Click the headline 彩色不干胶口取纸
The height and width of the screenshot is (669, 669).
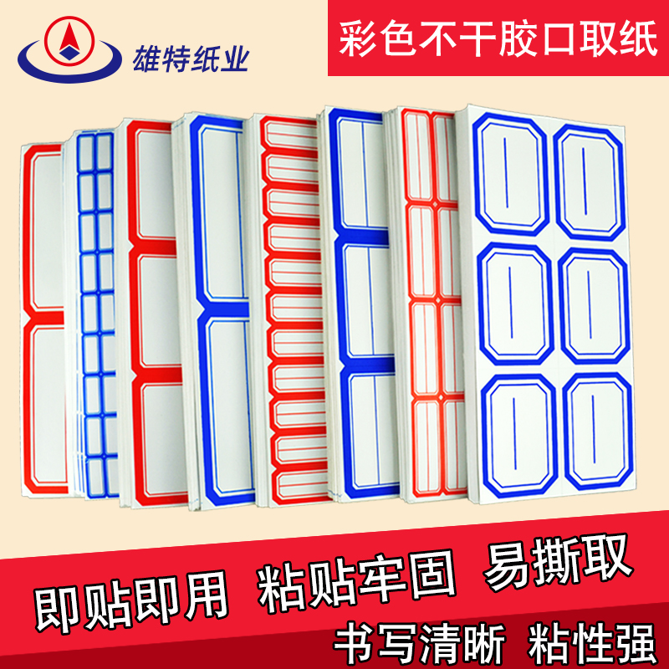point(498,41)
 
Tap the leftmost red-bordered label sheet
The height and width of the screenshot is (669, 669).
point(43,318)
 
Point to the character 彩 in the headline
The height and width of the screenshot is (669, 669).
point(361,41)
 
